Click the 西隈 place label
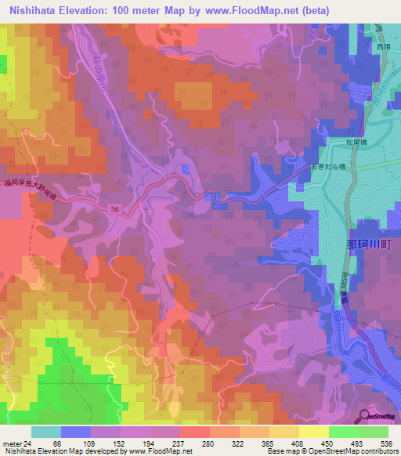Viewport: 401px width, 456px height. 381,46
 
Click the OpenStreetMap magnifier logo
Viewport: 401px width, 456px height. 365,417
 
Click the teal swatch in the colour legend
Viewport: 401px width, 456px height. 46,432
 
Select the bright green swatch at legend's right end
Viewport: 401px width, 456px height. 374,432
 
